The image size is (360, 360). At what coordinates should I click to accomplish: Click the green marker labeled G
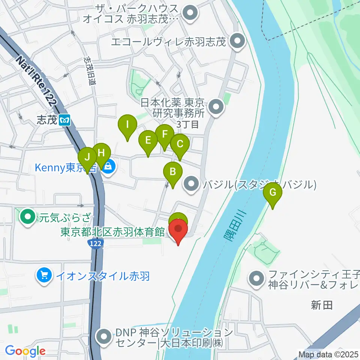pyautogui.click(x=273, y=193)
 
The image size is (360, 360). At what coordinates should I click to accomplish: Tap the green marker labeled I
pyautogui.click(x=127, y=124)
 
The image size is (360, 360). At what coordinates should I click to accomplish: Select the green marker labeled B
pyautogui.click(x=173, y=172)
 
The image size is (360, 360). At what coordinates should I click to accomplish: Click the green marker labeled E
pyautogui.click(x=148, y=141)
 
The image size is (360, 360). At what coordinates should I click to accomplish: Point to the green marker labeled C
pyautogui.click(x=180, y=144)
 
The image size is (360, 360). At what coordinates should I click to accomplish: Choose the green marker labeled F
pyautogui.click(x=164, y=134)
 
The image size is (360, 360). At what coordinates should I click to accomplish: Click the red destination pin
pyautogui.click(x=178, y=229)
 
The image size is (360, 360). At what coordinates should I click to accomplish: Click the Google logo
pyautogui.click(x=25, y=351)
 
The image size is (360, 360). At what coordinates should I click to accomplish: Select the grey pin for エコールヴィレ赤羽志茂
pyautogui.click(x=237, y=42)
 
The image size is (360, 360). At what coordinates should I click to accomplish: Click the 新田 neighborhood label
pyautogui.click(x=322, y=305)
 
